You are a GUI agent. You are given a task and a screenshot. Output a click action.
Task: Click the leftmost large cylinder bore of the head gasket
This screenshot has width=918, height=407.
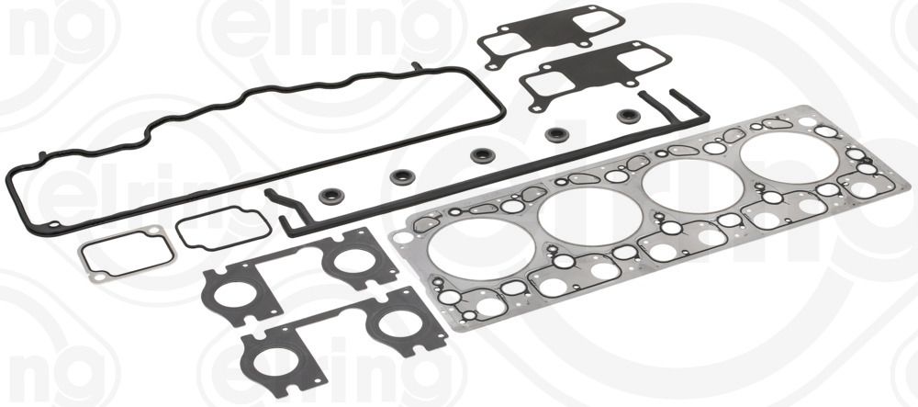pyautogui.click(x=481, y=248)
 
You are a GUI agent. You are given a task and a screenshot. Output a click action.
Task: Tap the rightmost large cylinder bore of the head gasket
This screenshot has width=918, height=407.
pyautogui.click(x=789, y=157)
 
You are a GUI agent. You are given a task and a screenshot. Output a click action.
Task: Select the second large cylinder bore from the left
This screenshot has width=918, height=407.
pyautogui.click(x=588, y=217)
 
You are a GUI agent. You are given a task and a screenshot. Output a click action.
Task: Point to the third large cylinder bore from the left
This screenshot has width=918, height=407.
pyautogui.click(x=692, y=186)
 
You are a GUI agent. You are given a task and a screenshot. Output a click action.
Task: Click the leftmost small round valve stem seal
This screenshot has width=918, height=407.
pyautogui.click(x=330, y=195)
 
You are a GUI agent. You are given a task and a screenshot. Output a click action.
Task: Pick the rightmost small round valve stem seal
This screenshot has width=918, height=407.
pyautogui.click(x=628, y=116)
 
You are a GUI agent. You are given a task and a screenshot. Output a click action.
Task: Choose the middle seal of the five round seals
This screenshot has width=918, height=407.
pyautogui.click(x=482, y=155)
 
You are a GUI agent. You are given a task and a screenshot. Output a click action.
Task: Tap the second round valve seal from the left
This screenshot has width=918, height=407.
pyautogui.click(x=401, y=176)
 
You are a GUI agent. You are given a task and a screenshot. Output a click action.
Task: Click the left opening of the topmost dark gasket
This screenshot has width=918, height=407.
pyautogui.click(x=504, y=43)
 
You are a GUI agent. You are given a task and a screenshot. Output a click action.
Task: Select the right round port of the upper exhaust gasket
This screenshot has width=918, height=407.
pyautogui.click(x=355, y=261)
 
